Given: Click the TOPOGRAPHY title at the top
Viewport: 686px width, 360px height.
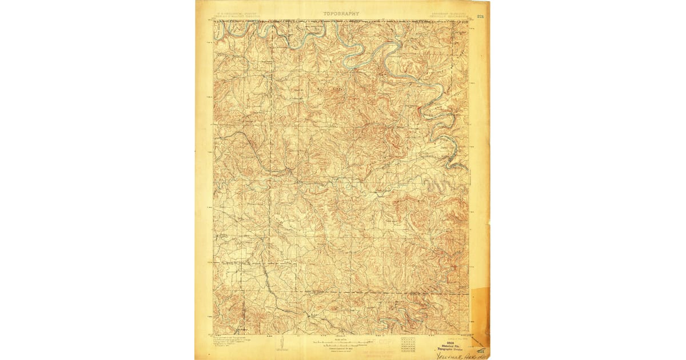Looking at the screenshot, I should pos(341,13).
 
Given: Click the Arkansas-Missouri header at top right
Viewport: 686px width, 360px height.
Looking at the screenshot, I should pos(448,13).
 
